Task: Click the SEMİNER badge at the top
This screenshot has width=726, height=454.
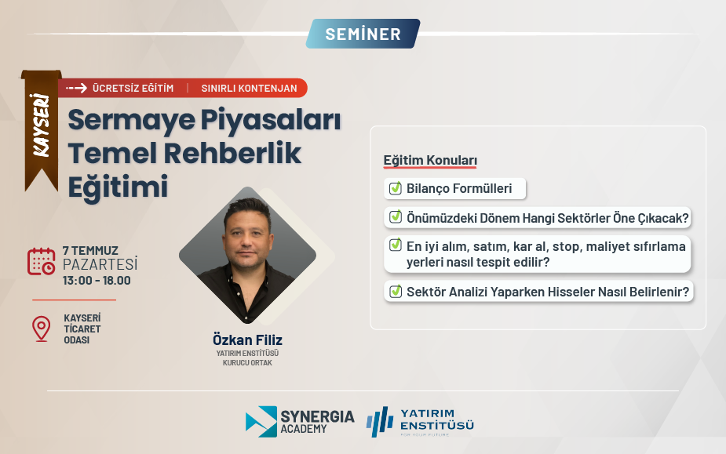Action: (x=363, y=34)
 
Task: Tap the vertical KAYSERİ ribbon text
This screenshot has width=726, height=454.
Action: (x=42, y=125)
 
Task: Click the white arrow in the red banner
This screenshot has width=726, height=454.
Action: (x=76, y=88)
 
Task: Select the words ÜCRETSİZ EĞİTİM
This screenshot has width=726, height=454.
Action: (x=133, y=88)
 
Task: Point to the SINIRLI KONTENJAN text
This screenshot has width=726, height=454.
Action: (x=249, y=88)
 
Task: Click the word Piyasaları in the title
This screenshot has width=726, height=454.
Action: (x=271, y=120)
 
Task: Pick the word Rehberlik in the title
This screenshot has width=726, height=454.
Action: (x=232, y=153)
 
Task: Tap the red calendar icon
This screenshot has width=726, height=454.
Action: (x=42, y=261)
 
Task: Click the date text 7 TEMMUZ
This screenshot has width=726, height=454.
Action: (x=90, y=250)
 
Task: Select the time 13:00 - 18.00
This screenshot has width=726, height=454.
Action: (x=97, y=281)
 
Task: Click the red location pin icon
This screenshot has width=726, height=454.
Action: (x=42, y=329)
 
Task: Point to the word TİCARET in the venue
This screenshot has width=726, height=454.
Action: (x=82, y=329)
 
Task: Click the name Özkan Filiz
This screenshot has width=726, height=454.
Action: (x=247, y=340)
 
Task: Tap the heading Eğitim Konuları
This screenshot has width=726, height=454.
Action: (x=430, y=160)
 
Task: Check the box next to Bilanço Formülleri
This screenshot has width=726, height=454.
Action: (x=396, y=188)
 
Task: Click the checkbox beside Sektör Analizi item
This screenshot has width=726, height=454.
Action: (x=396, y=291)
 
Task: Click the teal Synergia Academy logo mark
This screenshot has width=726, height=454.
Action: (x=261, y=422)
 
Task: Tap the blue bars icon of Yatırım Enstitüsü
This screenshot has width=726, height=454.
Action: (x=380, y=422)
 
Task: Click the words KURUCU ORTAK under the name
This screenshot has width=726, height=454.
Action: (x=247, y=363)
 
